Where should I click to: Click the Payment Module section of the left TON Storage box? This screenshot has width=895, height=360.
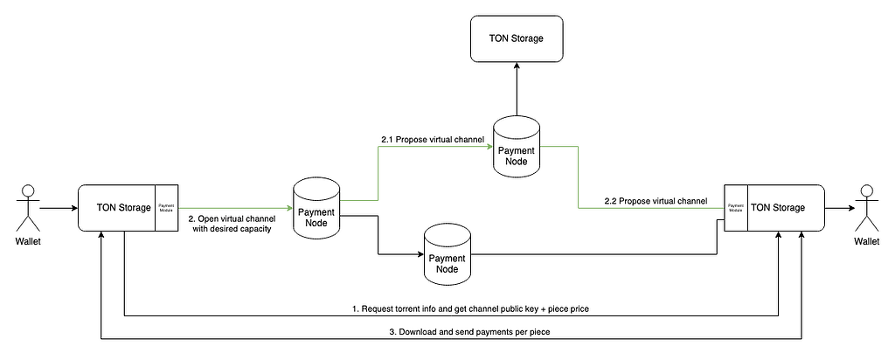166,209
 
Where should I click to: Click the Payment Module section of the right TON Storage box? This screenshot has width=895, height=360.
735,209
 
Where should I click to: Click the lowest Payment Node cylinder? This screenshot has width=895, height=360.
447,254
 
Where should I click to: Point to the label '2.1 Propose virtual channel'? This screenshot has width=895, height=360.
432,139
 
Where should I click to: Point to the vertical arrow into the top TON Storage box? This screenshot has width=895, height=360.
517,91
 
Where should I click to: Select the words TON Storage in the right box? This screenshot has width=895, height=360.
777,208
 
